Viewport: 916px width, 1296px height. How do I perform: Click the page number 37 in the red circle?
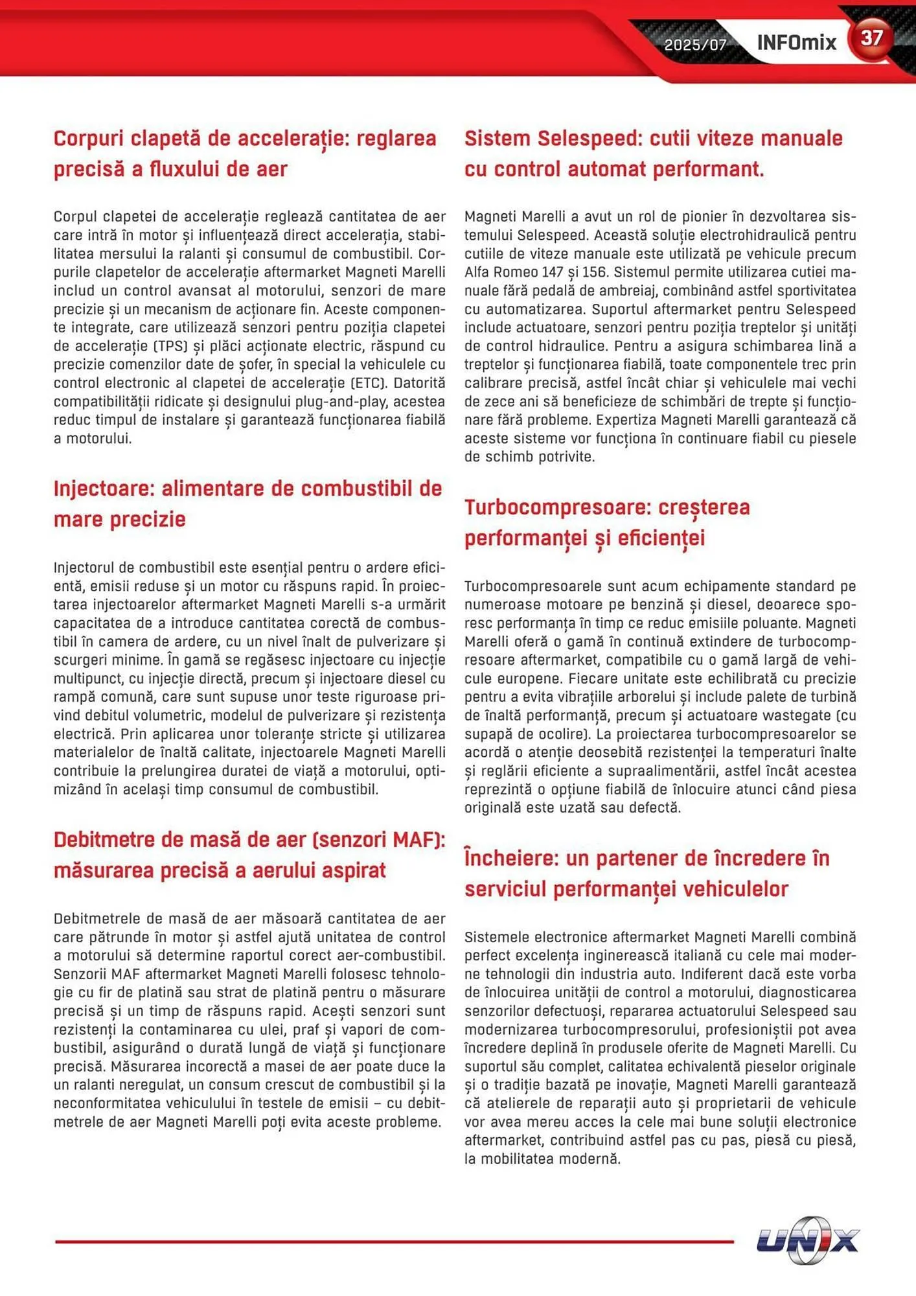coord(871,38)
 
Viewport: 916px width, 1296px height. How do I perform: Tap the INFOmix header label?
coord(796,43)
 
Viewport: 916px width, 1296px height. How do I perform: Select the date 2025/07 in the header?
coord(695,45)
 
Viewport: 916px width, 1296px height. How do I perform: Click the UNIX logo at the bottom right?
coord(807,1240)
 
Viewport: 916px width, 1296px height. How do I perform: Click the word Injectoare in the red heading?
coord(104,489)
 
